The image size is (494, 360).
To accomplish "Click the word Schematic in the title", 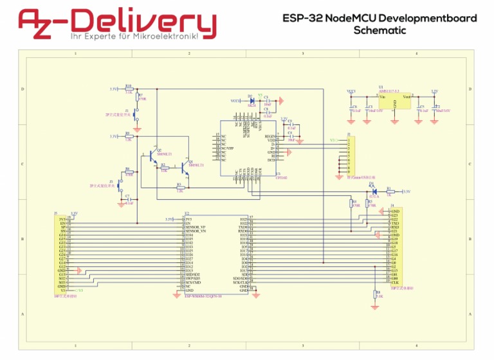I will coord(380,30).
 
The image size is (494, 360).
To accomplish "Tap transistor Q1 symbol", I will coord(185,168).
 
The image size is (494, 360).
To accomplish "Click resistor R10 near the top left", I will coord(129,89).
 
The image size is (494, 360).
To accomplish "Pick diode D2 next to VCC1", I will coord(252,101).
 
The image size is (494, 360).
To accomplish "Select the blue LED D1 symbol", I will coord(373,191).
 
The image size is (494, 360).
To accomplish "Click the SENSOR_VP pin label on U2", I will coord(195,228).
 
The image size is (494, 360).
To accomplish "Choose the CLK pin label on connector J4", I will coord(395,282).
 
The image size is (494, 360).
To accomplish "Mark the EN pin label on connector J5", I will coord(62,223).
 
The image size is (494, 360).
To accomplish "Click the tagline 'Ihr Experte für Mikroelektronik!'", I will coord(116,38).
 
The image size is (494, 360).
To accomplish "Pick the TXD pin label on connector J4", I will coord(395,223).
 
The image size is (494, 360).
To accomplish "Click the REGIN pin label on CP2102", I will coord(271,137).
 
